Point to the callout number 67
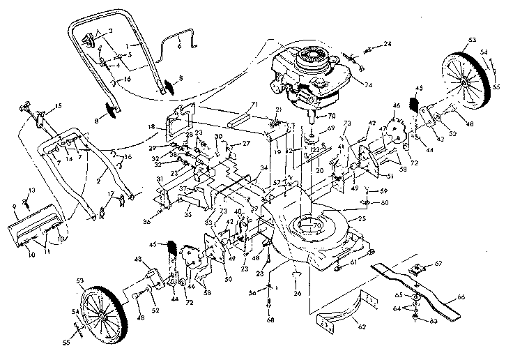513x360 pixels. click(438, 264)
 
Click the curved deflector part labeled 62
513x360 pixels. click(349, 314)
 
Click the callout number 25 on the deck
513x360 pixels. click(361, 220)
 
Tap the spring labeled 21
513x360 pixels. click(277, 126)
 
